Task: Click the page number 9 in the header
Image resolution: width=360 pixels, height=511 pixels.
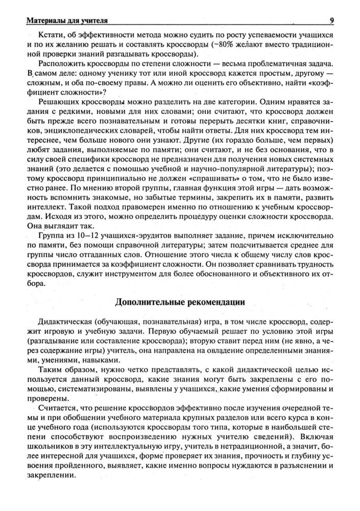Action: coord(332,20)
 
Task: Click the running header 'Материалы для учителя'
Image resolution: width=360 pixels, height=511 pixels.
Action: coord(64,21)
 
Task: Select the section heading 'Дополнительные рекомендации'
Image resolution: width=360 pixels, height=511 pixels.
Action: coord(180,302)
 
